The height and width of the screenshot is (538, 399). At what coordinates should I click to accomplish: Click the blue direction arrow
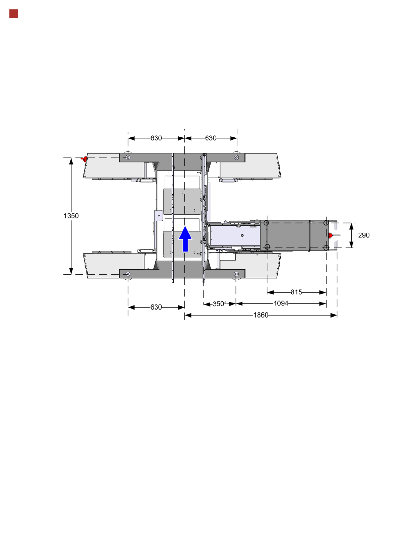(x=185, y=239)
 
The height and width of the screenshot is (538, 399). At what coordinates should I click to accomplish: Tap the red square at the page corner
(x=14, y=14)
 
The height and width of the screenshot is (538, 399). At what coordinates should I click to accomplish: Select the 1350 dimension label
(x=71, y=216)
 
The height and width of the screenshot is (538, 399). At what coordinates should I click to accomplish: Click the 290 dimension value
(x=363, y=235)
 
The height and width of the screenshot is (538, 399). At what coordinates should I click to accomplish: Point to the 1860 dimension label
(x=261, y=315)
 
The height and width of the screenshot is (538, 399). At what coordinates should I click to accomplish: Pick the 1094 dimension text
(x=281, y=304)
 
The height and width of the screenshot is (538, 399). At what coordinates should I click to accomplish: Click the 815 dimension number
(x=296, y=292)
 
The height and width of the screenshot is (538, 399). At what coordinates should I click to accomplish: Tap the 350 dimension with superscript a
(x=220, y=304)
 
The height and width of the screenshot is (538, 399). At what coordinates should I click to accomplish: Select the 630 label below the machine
(x=156, y=307)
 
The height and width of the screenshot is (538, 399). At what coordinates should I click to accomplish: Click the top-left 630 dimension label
(x=156, y=138)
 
